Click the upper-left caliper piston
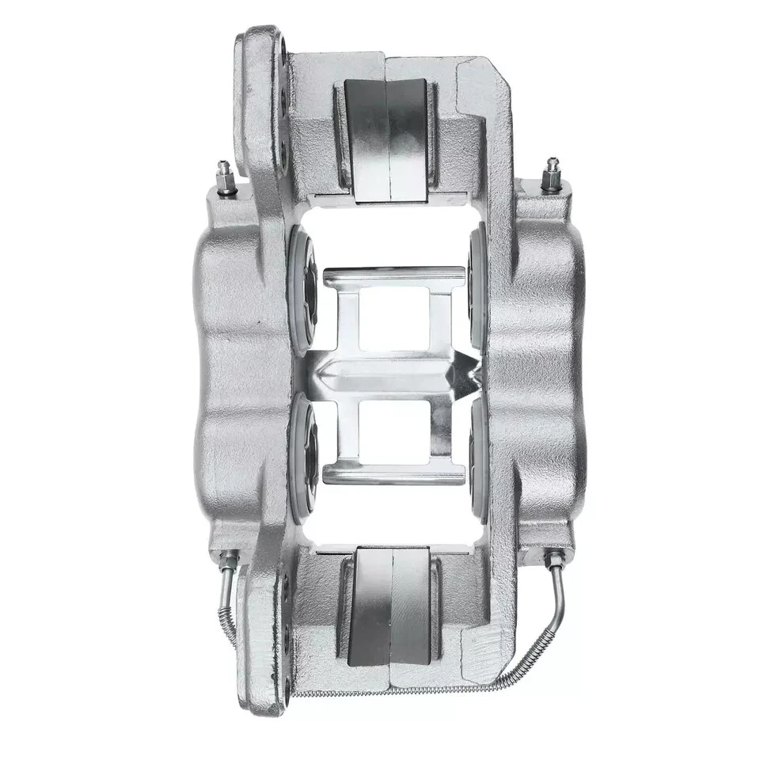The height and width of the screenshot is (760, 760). [306, 288]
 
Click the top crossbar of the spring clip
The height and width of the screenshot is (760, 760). [393, 276]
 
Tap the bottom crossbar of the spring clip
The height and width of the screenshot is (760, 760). [393, 474]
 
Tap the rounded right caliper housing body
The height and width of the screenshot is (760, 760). [546, 372]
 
